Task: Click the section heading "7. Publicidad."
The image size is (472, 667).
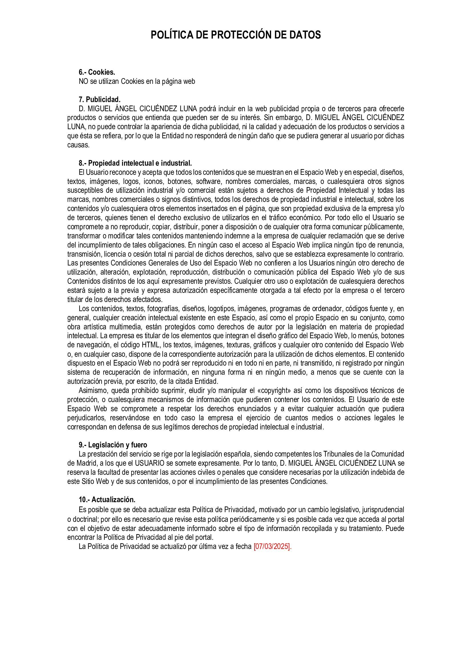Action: (99, 100)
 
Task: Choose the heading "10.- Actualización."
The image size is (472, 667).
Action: (107, 500)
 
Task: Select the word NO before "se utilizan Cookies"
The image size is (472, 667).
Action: (83, 81)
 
